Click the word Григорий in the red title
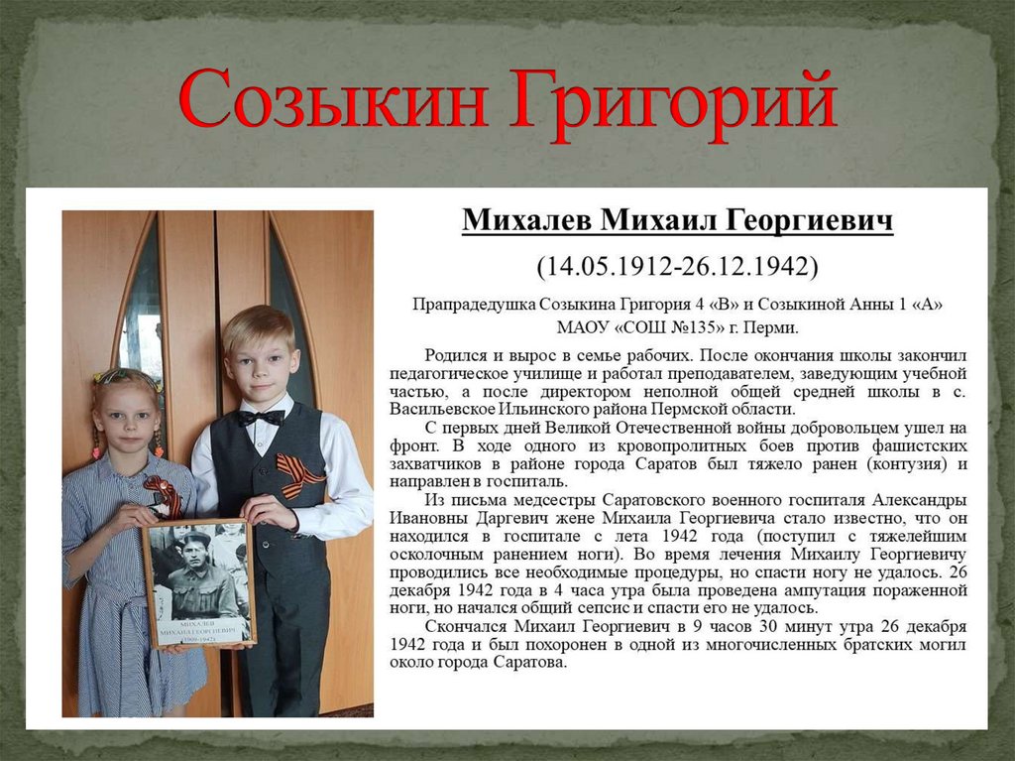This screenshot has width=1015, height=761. (674, 101)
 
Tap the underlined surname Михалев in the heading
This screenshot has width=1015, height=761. (525, 220)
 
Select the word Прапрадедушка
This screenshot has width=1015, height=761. (473, 305)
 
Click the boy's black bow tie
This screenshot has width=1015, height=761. (260, 418)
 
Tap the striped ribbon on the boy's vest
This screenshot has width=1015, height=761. (298, 474)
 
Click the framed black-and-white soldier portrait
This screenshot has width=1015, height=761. (197, 583)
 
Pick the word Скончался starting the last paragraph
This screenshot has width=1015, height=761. (465, 627)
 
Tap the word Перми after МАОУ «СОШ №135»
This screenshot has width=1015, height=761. (775, 326)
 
